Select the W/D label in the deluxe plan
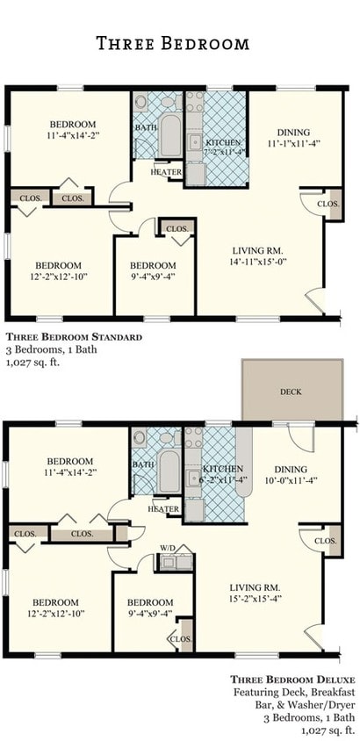(x=167, y=549)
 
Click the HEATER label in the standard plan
(x=166, y=172)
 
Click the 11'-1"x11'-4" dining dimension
(x=293, y=142)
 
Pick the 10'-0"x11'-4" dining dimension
(x=292, y=480)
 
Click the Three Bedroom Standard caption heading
(x=74, y=336)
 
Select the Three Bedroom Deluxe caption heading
(x=292, y=680)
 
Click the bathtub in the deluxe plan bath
(x=169, y=471)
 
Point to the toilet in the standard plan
(x=145, y=106)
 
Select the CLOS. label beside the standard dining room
(x=327, y=204)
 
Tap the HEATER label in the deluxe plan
(x=164, y=509)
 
